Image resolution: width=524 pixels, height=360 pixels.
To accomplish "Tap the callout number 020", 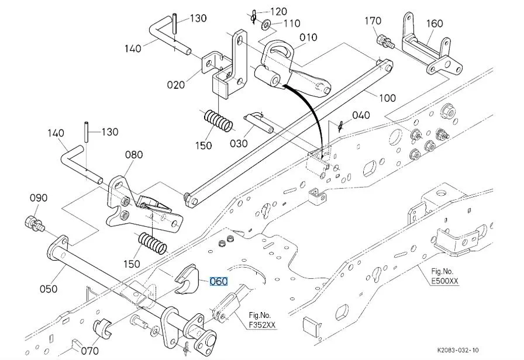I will [x=175, y=84].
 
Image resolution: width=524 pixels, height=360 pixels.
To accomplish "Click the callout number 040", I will [x=360, y=115].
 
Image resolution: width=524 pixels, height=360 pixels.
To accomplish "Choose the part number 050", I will [x=49, y=288].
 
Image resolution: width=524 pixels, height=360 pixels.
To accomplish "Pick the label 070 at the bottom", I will [x=89, y=351].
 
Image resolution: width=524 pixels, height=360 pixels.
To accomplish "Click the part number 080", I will [x=134, y=155].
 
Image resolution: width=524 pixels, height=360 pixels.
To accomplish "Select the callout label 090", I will [x=39, y=198].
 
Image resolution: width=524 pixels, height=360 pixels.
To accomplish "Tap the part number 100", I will [x=387, y=98].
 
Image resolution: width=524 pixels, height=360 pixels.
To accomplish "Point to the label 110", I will [x=291, y=23].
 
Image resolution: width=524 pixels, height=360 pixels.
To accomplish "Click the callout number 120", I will [x=278, y=11].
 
